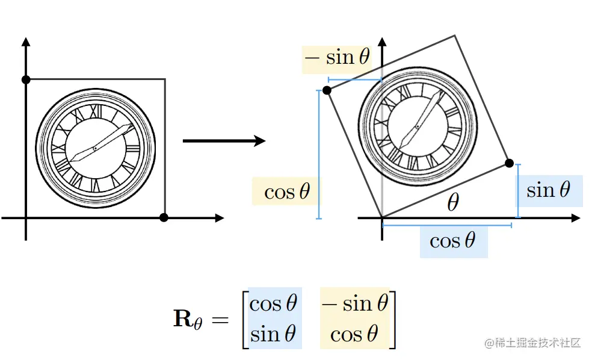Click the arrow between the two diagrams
[x=224, y=141]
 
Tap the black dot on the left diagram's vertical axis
[x=25, y=79]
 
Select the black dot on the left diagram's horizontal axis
[x=164, y=217]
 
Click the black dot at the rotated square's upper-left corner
[x=327, y=90]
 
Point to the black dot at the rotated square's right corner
[x=509, y=163]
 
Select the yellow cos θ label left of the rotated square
[x=287, y=192]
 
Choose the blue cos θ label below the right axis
[x=452, y=241]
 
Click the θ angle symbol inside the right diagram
[x=452, y=203]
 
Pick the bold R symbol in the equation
[x=183, y=318]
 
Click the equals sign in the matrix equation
[x=220, y=320]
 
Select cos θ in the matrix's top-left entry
[x=274, y=303]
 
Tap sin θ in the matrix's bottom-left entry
[x=274, y=334]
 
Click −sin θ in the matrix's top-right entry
[x=355, y=303]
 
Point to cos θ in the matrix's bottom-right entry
[x=355, y=334]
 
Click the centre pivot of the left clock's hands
[x=95, y=149]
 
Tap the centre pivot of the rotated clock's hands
[x=417, y=126]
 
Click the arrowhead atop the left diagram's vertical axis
[x=25, y=41]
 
